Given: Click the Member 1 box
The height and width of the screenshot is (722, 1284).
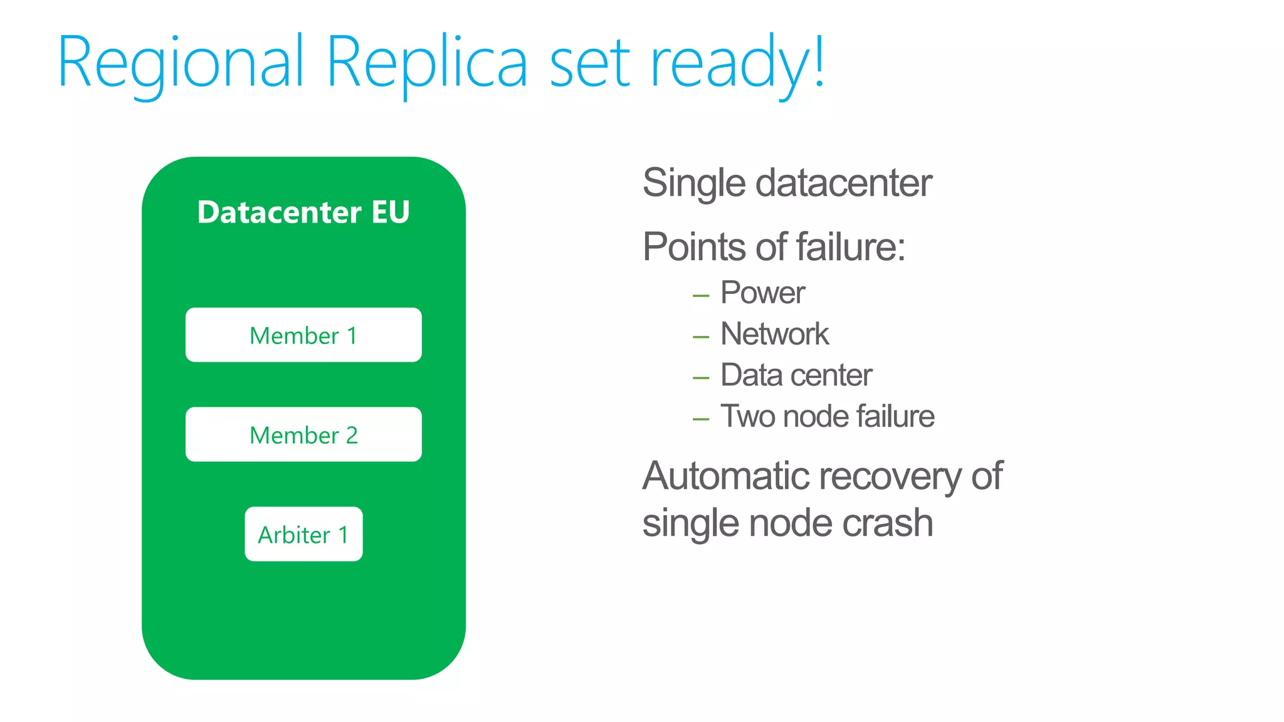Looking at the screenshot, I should (303, 335).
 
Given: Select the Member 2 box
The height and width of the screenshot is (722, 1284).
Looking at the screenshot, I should (303, 434).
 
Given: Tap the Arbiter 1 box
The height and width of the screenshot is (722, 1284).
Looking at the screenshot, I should (303, 534).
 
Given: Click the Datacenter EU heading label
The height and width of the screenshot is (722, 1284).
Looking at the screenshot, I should (303, 212).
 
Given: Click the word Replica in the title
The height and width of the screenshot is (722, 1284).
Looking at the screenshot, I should (427, 63).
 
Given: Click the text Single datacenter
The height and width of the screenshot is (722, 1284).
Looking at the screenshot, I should (787, 183).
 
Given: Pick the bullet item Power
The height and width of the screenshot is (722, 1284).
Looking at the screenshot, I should (762, 293).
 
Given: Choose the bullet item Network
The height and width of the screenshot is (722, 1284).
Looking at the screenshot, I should (774, 334).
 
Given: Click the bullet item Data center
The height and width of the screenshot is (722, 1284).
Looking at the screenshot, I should (796, 375).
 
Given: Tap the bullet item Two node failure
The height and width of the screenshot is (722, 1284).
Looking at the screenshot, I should (827, 417).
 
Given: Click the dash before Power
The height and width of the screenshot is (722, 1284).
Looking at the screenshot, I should (701, 296).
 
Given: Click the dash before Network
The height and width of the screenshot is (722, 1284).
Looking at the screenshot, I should (701, 337).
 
